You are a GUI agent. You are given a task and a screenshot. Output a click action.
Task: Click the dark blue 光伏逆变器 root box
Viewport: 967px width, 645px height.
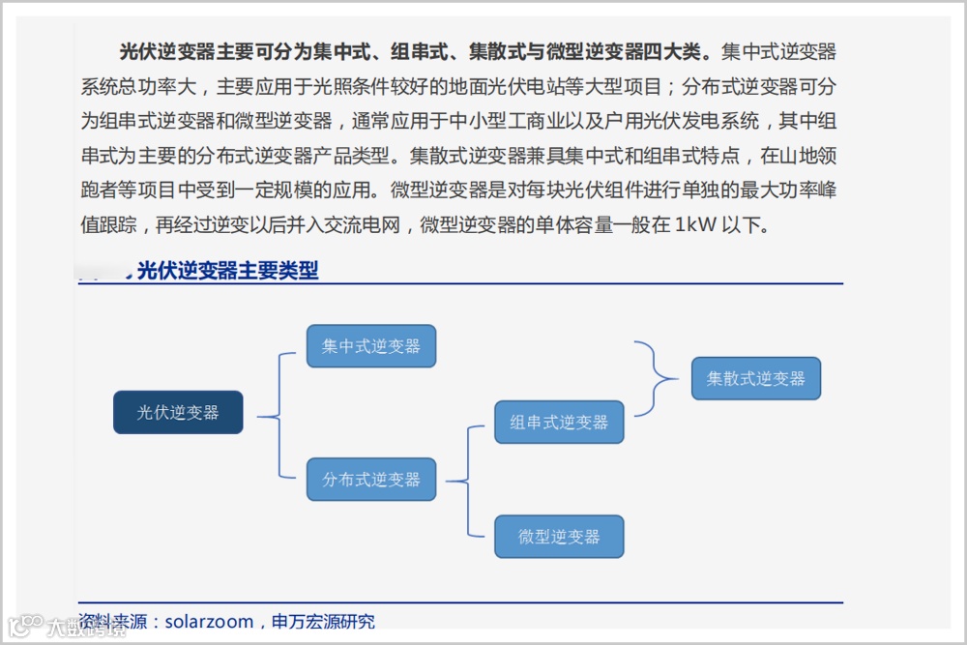178,413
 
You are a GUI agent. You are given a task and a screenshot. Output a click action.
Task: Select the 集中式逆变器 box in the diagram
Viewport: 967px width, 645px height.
371,346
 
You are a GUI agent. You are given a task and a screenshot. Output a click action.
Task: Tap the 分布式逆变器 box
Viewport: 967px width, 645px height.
371,480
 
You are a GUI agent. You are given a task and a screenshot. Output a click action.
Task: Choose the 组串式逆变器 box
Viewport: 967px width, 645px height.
559,423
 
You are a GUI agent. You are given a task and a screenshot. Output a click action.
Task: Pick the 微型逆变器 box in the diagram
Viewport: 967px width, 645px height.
559,537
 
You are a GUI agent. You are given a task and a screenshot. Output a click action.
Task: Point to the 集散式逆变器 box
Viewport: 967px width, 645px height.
755,378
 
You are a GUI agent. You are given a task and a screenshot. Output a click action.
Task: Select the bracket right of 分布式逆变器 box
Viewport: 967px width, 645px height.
464,481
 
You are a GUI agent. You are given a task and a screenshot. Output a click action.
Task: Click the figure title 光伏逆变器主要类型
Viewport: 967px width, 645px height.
227,271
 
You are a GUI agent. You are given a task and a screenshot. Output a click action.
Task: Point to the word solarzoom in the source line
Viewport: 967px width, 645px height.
209,622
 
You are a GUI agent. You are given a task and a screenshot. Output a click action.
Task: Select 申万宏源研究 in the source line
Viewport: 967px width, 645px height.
323,622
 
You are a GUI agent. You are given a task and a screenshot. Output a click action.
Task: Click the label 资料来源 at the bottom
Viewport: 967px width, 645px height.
112,622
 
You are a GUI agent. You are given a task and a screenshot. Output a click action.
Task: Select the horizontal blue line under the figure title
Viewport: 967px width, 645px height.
459,284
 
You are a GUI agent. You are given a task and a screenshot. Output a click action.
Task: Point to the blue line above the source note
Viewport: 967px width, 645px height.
459,602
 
